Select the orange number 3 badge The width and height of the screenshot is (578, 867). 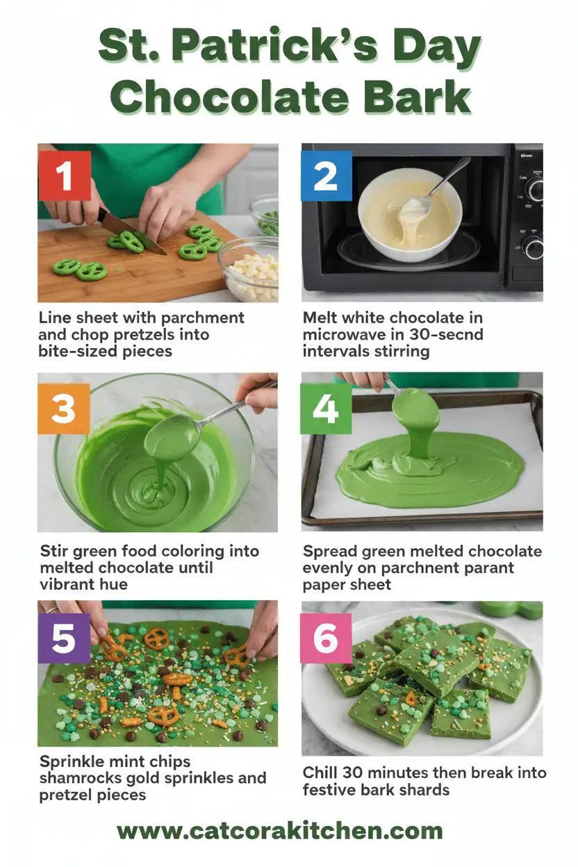[x=63, y=408]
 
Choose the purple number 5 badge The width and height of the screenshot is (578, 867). [x=63, y=638]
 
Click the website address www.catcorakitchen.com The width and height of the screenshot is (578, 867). [x=280, y=831]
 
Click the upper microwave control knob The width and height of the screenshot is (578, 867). [x=534, y=189]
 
